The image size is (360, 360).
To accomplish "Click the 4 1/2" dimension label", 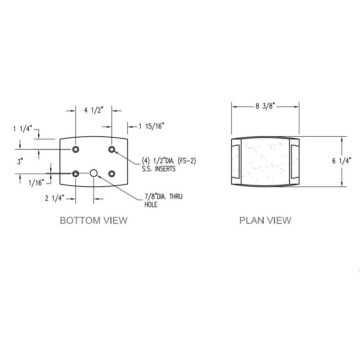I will click(93, 108).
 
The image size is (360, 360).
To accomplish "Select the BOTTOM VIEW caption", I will click(94, 220).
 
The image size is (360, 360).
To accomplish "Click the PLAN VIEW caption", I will click(265, 220).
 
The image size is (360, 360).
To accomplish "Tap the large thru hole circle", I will click(94, 173).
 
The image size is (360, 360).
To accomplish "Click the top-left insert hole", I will click(76, 149).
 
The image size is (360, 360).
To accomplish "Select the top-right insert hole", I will click(112, 149).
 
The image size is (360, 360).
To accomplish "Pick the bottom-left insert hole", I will click(76, 173).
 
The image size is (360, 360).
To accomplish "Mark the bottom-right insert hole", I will click(112, 173).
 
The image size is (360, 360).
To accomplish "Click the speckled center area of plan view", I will click(265, 161).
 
